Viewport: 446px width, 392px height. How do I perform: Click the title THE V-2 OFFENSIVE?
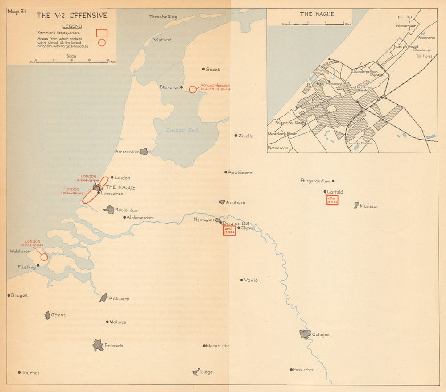[x=72, y=16]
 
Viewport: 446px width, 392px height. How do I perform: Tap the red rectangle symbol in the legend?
[x=102, y=33]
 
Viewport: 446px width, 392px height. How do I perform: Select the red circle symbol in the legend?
[x=102, y=43]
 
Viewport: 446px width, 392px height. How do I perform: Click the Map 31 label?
[x=17, y=12]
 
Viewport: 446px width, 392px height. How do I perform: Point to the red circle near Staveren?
[x=192, y=89]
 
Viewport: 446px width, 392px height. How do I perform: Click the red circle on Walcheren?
[x=44, y=257]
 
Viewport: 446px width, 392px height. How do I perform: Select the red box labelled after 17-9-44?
[x=332, y=200]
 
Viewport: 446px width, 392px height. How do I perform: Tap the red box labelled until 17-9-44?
[x=229, y=230]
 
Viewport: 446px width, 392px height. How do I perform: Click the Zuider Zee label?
[x=182, y=130]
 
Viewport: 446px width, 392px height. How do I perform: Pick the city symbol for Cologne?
[x=305, y=334]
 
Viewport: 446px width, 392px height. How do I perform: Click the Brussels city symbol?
[x=98, y=345]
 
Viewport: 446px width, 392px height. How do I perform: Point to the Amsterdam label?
[x=127, y=152]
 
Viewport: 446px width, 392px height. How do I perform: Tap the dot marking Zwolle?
[x=236, y=136]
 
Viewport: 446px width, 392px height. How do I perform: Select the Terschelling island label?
[x=163, y=17]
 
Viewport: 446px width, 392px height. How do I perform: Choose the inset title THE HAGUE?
[x=312, y=14]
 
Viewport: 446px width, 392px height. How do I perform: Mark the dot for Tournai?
[x=19, y=372]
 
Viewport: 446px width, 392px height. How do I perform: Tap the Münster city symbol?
[x=356, y=205]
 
